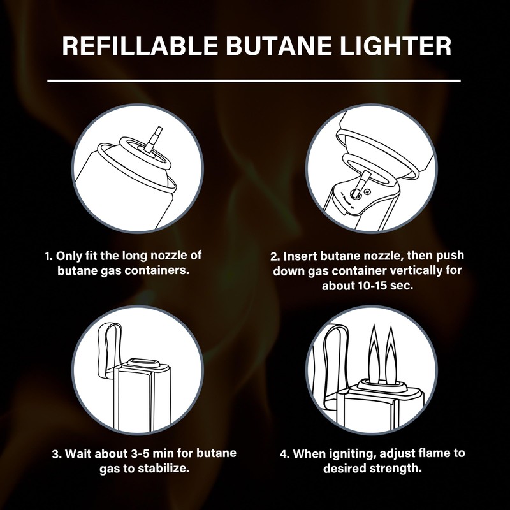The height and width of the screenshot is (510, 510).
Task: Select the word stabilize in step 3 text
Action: (162, 468)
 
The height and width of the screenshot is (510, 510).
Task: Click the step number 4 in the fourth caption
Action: (284, 454)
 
